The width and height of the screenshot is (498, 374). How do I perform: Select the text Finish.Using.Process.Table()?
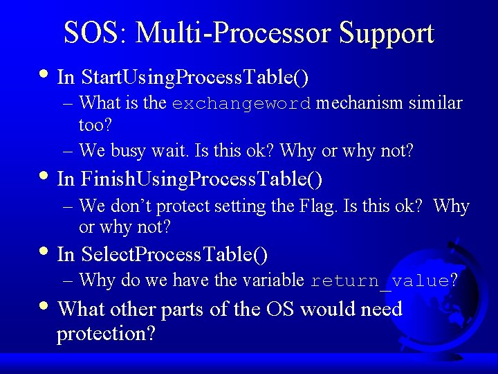tap(201, 179)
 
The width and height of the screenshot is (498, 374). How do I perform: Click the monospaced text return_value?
tap(379, 280)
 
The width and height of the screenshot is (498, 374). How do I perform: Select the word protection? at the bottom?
tap(106, 334)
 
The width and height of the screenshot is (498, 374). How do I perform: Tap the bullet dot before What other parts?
tap(45, 305)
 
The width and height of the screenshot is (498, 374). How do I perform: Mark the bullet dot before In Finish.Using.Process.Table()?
tap(45, 177)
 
